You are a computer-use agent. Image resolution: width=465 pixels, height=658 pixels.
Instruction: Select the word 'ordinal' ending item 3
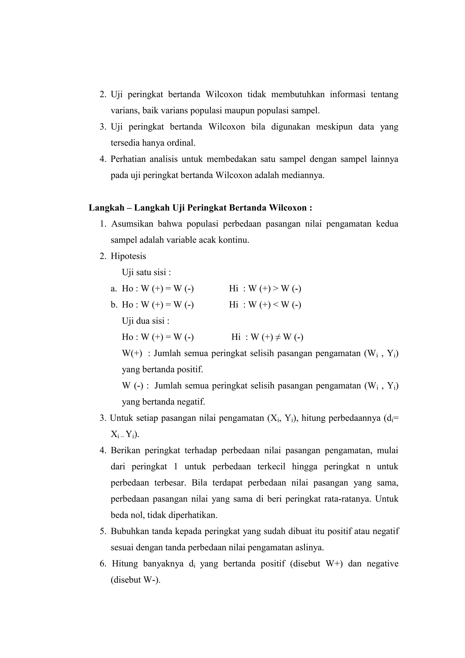point(180,143)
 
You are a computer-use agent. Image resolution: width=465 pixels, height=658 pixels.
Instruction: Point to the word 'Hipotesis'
point(128,256)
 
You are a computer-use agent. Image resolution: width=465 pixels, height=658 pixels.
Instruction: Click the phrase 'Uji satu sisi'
point(146,272)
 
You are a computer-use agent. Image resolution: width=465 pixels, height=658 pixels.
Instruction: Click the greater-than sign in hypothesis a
point(275,289)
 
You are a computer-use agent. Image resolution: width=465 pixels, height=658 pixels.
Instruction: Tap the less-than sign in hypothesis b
point(275,305)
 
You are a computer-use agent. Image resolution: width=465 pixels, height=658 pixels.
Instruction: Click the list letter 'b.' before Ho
point(114,305)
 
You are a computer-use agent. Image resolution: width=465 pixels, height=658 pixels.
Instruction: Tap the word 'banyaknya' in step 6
point(163,564)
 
